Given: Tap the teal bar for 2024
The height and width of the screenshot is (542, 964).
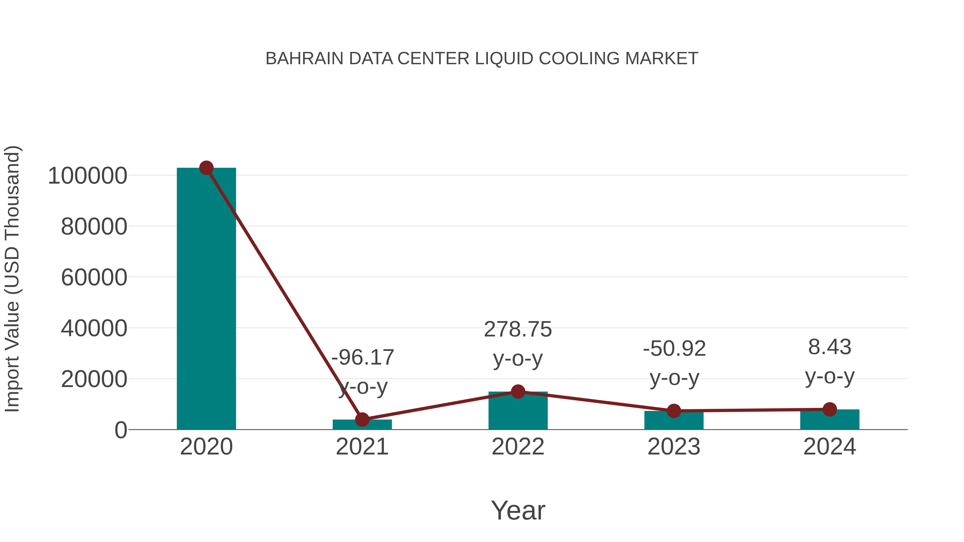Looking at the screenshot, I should click(x=830, y=420).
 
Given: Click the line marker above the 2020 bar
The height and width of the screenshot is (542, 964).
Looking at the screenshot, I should click(x=206, y=168).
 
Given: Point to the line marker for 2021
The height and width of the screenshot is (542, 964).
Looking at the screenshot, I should click(x=362, y=420).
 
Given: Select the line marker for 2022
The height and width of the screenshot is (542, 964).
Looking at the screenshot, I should click(x=518, y=392).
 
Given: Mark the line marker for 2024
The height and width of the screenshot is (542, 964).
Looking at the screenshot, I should click(x=830, y=410).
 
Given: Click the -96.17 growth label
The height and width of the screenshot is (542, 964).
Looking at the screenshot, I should click(x=363, y=357).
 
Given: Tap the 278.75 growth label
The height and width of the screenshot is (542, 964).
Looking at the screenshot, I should click(x=518, y=329).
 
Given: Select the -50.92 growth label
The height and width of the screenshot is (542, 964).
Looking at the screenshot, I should click(x=674, y=348).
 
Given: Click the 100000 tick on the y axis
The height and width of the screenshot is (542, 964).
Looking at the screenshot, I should click(x=88, y=176).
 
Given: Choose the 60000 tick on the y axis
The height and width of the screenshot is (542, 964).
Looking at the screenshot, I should click(x=94, y=278).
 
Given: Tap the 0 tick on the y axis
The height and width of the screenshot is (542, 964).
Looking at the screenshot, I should click(x=121, y=430).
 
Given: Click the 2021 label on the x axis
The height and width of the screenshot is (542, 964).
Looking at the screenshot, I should click(x=362, y=447).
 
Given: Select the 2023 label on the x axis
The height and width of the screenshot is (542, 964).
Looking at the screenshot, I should click(x=674, y=447).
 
